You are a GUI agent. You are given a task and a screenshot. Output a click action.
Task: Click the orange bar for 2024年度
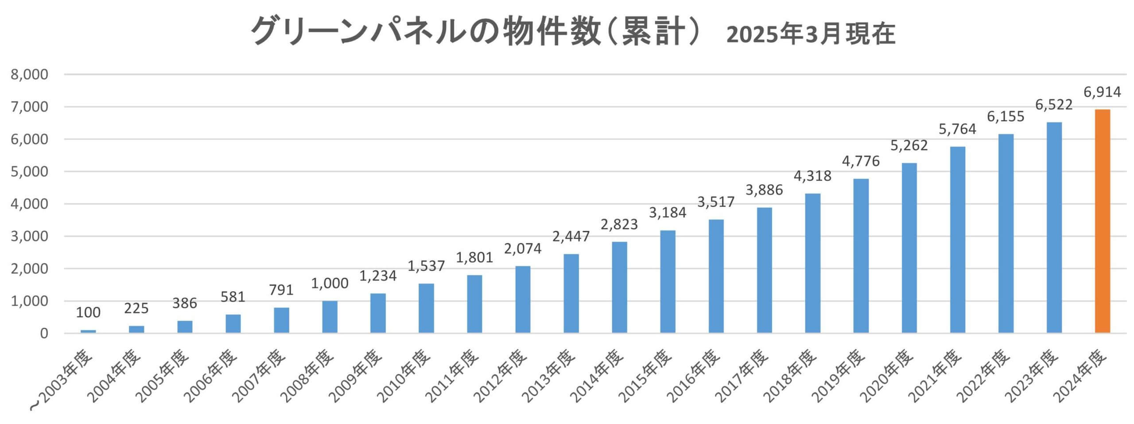click(1103, 222)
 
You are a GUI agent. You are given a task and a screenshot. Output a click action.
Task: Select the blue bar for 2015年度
click(668, 282)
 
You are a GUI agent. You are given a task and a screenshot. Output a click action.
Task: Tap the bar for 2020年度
click(909, 248)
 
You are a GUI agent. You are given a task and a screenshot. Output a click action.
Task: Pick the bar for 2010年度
click(426, 308)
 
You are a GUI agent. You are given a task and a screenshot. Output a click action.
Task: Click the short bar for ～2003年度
click(88, 331)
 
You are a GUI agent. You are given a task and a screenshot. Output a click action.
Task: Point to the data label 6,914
click(1103, 92)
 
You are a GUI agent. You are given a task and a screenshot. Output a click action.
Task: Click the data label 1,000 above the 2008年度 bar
click(330, 284)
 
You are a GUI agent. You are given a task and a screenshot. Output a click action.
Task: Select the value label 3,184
click(668, 213)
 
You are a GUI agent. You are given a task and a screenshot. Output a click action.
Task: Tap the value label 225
click(136, 308)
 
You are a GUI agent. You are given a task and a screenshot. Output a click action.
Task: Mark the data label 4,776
click(861, 161)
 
